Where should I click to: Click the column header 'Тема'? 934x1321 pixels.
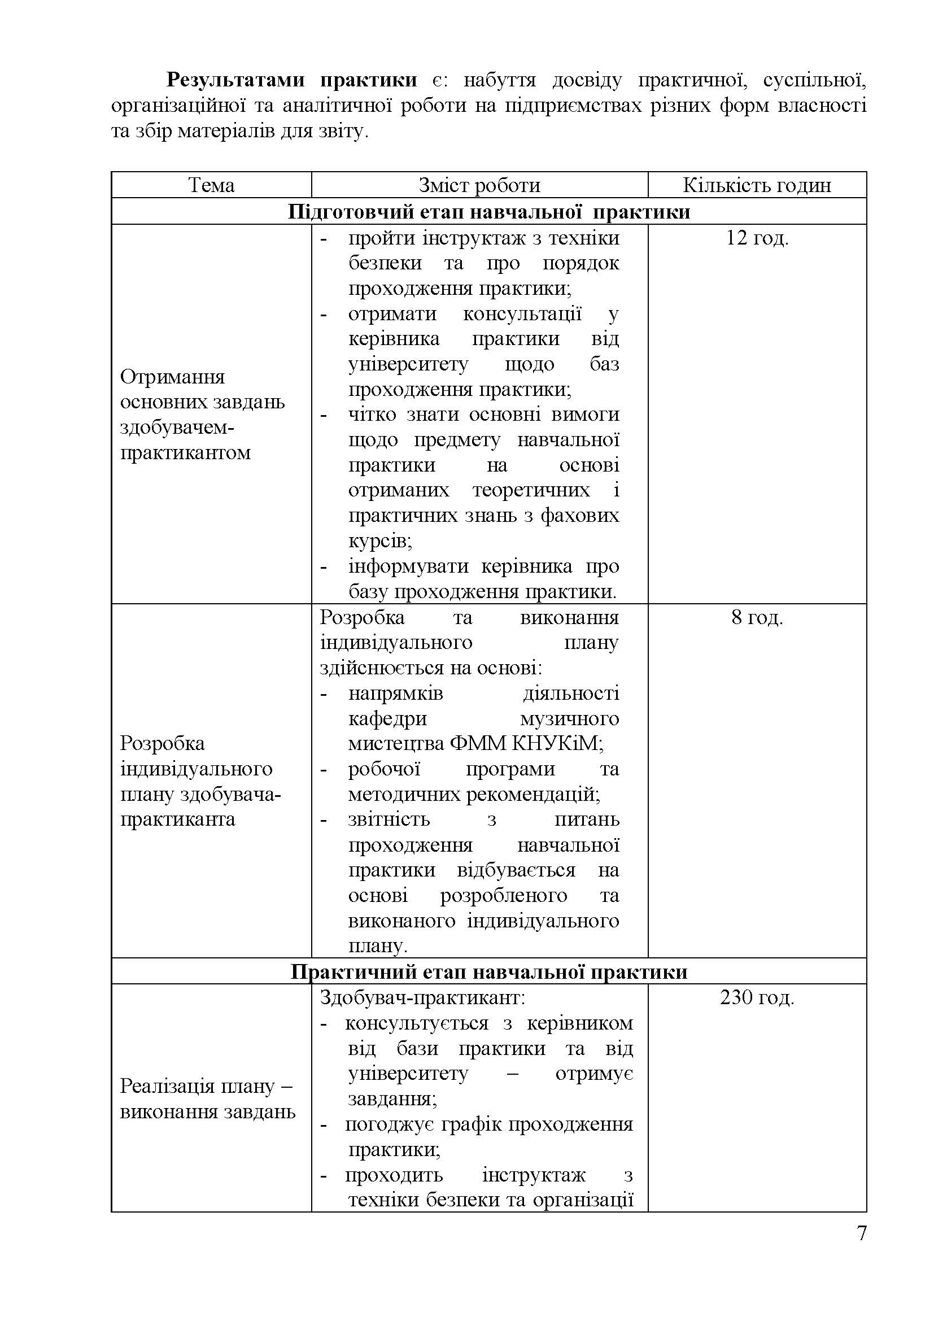211,185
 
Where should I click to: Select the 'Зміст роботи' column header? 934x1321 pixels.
479,185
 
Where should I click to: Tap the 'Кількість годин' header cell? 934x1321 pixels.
756,185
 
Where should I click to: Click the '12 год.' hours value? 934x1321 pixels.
756,238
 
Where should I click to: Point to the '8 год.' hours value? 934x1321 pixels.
756,618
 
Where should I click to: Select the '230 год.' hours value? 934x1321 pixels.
756,997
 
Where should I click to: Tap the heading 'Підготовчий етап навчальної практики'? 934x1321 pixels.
488,212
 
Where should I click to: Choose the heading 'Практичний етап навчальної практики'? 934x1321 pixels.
488,972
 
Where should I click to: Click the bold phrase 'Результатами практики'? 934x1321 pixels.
291,80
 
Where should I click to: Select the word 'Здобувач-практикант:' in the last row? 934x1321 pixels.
422,997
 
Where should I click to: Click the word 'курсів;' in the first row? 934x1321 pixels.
380,542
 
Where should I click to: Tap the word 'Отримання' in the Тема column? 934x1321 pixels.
172,377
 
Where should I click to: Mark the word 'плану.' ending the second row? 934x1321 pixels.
377,947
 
